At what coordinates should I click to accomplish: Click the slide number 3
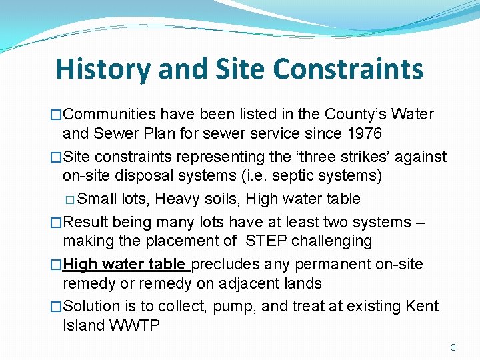(x=453, y=347)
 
